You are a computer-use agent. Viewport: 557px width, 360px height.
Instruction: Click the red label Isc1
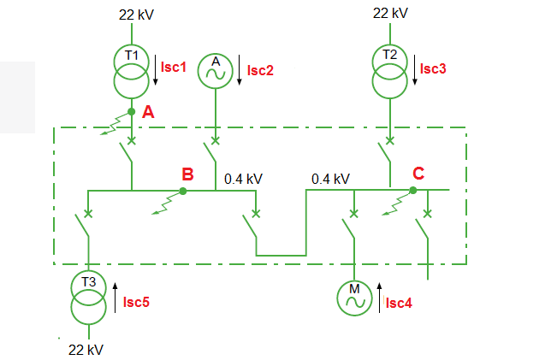pos(174,67)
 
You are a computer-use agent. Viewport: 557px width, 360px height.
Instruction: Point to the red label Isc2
pos(260,70)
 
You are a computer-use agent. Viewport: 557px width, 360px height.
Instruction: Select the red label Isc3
pos(433,68)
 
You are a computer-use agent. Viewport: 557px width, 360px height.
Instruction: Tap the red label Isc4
pos(399,304)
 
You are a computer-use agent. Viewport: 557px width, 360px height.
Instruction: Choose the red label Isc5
pos(136,302)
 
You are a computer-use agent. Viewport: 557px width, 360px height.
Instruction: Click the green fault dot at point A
pos(132,112)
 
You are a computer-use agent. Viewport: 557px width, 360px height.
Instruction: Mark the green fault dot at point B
pos(183,192)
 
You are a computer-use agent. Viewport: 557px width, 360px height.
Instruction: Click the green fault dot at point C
pos(412,191)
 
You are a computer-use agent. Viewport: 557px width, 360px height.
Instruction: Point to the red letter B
pos(187,174)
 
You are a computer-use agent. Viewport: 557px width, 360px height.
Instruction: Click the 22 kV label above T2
pos(390,14)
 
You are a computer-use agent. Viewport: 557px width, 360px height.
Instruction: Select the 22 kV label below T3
pos(86,350)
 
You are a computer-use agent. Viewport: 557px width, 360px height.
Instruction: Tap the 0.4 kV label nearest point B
pos(243,179)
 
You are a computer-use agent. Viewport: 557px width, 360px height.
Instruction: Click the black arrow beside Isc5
pos(116,298)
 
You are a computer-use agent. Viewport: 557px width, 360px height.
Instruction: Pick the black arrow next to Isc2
pos(240,70)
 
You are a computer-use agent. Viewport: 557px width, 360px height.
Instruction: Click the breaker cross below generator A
pos(216,140)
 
